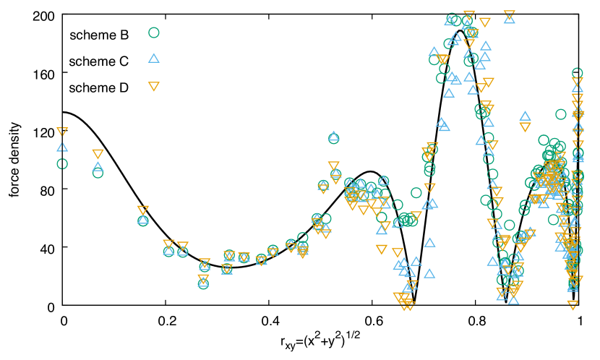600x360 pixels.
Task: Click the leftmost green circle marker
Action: [x=62, y=164]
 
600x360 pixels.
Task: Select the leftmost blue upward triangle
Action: [x=62, y=147]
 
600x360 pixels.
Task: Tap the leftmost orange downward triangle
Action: [x=62, y=132]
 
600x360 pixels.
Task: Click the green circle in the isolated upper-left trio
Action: [x=154, y=33]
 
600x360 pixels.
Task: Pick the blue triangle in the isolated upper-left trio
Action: [x=154, y=58]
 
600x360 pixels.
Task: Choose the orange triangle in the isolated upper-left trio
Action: [x=154, y=87]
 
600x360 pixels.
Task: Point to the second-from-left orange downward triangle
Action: [x=98, y=154]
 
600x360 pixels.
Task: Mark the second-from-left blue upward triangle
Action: [x=98, y=167]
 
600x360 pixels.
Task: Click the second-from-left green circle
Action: [x=98, y=173]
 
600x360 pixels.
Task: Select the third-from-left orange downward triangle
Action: [x=143, y=210]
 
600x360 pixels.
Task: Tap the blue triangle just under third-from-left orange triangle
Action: [x=143, y=219]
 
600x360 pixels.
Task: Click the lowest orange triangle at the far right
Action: [x=573, y=305]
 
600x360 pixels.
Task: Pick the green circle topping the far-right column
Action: [x=578, y=73]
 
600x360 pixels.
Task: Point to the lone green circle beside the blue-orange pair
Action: [x=561, y=114]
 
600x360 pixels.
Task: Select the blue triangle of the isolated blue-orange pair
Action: [x=526, y=116]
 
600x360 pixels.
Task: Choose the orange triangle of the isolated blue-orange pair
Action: [x=526, y=127]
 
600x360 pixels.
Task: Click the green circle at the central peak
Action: [x=333, y=137]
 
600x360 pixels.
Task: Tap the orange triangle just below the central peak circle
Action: [x=333, y=166]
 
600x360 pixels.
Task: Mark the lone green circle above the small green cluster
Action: [x=416, y=193]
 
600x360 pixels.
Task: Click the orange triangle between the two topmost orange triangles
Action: [x=485, y=22]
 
